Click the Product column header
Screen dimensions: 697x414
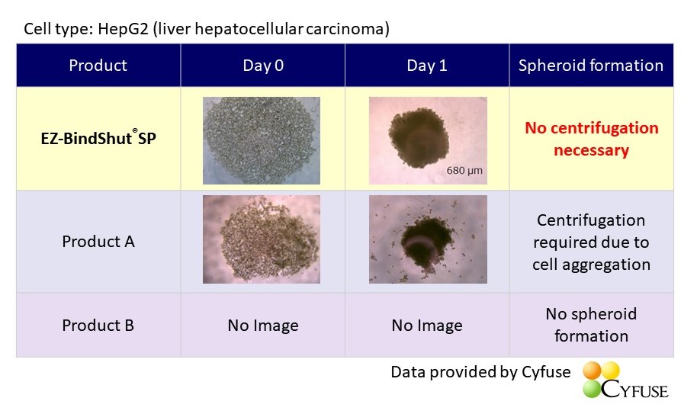coord(98,66)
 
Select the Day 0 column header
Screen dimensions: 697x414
coord(262,66)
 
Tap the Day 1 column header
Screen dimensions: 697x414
coord(427,66)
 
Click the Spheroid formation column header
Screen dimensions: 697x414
coord(591,66)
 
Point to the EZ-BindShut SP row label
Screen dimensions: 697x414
coord(98,138)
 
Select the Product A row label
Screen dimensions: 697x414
coord(98,241)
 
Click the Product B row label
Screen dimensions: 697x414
coord(98,325)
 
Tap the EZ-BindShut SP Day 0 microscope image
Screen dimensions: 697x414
coord(262,140)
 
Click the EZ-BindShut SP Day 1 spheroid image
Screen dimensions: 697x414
coord(428,140)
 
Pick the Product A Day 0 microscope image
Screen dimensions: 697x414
coord(262,239)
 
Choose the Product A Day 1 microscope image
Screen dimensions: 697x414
coord(428,239)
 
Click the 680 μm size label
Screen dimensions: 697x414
coord(464,171)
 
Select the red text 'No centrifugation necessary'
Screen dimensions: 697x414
coord(591,139)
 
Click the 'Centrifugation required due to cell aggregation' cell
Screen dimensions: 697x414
coord(591,242)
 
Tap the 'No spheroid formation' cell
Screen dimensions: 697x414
coord(591,325)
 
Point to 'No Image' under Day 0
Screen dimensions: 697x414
coord(262,326)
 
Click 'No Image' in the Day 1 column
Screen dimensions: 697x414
coord(427,326)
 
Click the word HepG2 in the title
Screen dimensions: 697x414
coord(123,29)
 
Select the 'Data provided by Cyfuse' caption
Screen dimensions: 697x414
coord(480,372)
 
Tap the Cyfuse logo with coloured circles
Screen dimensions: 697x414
coord(625,380)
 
